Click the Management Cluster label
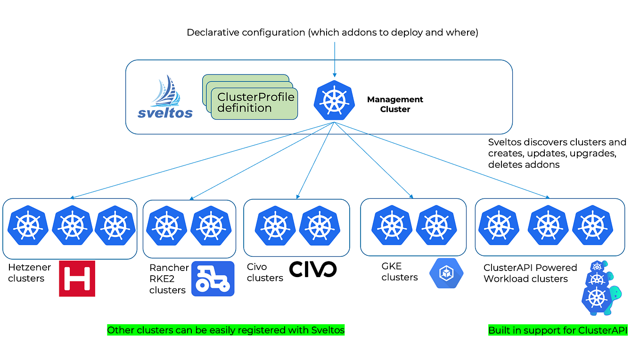click(395, 104)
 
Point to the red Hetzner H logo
click(77, 278)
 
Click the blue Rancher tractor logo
click(213, 278)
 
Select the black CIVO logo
click(312, 269)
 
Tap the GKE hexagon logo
click(446, 273)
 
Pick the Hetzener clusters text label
click(29, 273)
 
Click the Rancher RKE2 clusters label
click(169, 278)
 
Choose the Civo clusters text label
click(265, 272)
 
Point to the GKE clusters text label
click(400, 272)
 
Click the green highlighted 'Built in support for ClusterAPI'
click(558, 330)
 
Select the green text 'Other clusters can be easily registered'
click(226, 330)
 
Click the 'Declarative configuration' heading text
click(333, 33)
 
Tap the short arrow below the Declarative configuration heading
click(334, 59)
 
